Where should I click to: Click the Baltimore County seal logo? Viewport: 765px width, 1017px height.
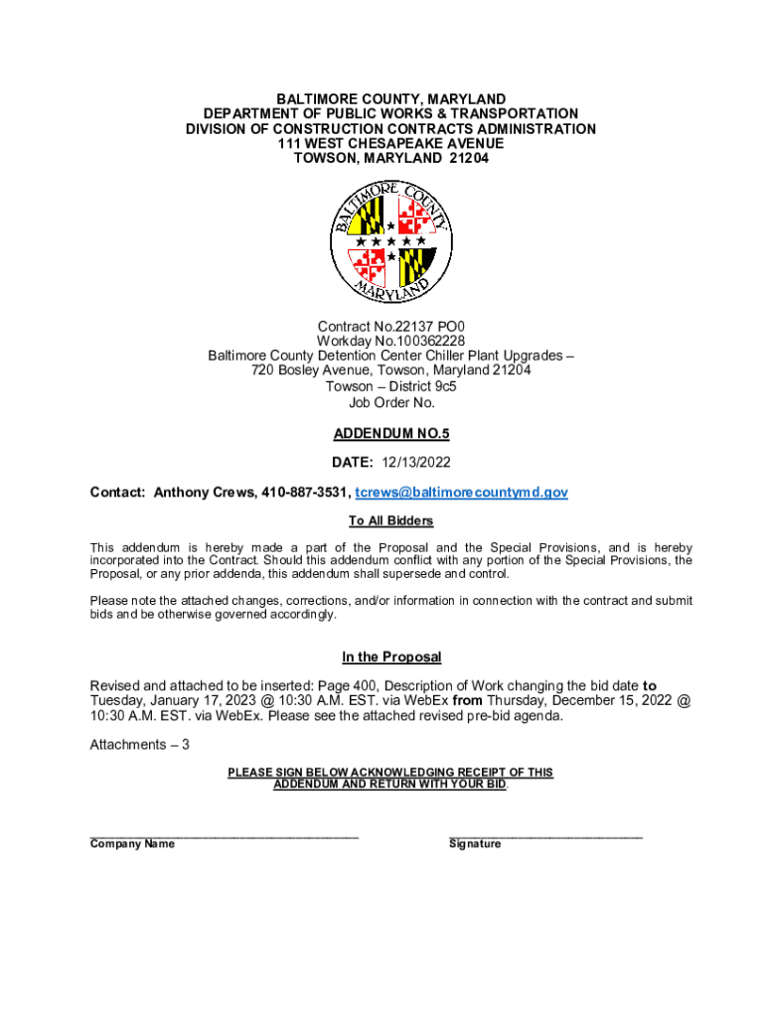pyautogui.click(x=391, y=242)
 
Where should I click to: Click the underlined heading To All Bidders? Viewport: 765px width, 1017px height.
pyautogui.click(x=390, y=521)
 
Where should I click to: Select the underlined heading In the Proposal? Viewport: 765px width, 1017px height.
pyautogui.click(x=390, y=657)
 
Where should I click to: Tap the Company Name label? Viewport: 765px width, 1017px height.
pyautogui.click(x=132, y=844)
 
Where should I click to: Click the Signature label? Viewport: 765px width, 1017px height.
pyautogui.click(x=475, y=844)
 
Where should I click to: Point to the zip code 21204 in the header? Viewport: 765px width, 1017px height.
pyautogui.click(x=468, y=159)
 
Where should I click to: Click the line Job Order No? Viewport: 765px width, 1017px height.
pyautogui.click(x=390, y=402)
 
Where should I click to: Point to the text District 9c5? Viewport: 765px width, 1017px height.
pyautogui.click(x=416, y=386)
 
